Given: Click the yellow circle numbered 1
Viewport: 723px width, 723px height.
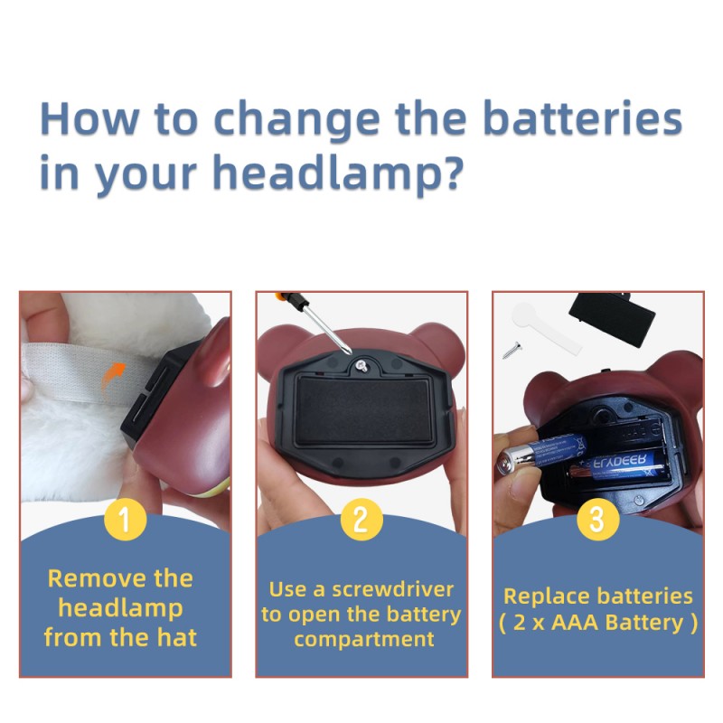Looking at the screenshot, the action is [x=125, y=519].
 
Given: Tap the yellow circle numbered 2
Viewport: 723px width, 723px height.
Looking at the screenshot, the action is [x=361, y=519].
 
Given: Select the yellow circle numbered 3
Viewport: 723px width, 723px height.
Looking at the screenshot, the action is [x=597, y=519].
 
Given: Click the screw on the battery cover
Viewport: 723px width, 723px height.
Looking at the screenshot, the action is [x=361, y=367].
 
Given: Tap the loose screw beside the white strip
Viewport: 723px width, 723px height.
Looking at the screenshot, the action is [x=512, y=350].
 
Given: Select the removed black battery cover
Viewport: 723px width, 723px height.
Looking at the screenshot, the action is [x=612, y=319].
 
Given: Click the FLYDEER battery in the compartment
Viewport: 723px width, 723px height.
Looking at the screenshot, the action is [x=619, y=466].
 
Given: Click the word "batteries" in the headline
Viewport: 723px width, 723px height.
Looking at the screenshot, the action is [x=583, y=118].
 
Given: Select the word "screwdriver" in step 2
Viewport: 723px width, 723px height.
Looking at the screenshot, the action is [x=393, y=590].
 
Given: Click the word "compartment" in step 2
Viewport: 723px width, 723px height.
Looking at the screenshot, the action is [x=364, y=640].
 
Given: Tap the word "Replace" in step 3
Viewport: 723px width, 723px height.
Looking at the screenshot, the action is [x=534, y=596].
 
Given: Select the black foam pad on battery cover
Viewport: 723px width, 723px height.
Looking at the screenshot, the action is [x=364, y=410].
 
